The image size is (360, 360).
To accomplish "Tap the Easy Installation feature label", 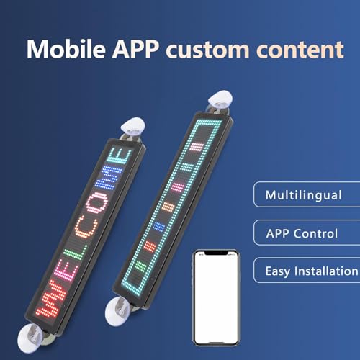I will (x=310, y=271).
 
